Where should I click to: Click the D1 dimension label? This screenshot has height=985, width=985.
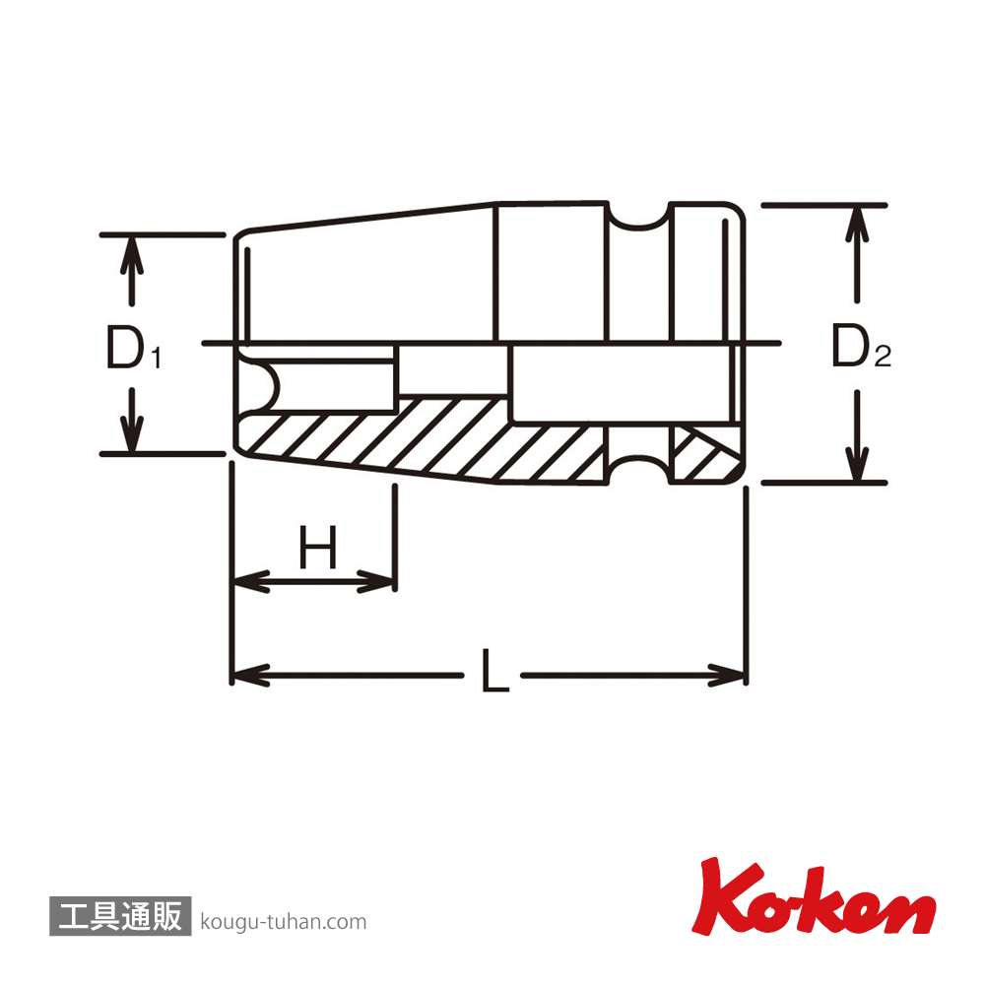pos(133,348)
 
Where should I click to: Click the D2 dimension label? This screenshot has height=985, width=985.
pos(861,346)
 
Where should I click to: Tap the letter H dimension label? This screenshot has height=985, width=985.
pos(317,547)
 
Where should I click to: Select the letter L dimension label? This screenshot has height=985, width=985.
pos(494,671)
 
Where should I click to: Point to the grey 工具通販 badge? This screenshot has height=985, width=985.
pos(120,916)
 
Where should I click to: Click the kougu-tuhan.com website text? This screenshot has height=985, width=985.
pos(284,922)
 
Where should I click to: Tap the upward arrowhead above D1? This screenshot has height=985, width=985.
pos(131,256)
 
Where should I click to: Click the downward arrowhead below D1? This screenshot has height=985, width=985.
pos(131,432)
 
